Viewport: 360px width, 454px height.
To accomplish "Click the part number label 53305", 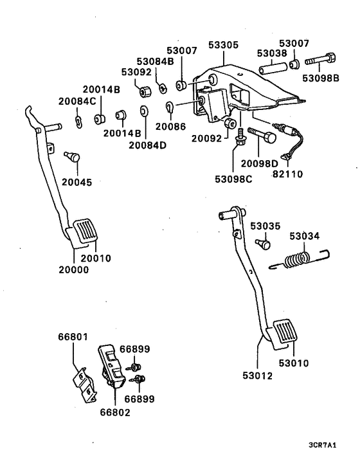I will click(x=223, y=46).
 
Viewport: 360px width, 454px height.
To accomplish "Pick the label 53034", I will click(x=303, y=236).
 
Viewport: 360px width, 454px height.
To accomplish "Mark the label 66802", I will click(x=115, y=412).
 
